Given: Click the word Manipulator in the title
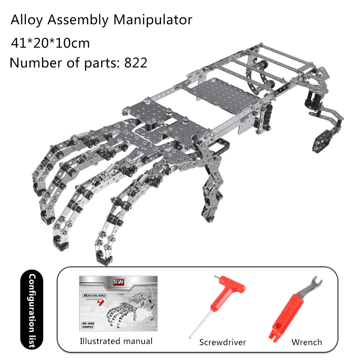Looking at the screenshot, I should click(153, 20).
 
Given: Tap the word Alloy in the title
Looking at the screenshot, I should click(27, 20).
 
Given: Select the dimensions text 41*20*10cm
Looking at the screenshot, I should click(50, 43).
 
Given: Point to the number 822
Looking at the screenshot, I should click(135, 63).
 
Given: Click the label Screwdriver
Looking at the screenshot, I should click(223, 342).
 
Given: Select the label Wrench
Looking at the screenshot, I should click(307, 342).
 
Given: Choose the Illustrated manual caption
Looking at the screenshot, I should click(116, 341).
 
